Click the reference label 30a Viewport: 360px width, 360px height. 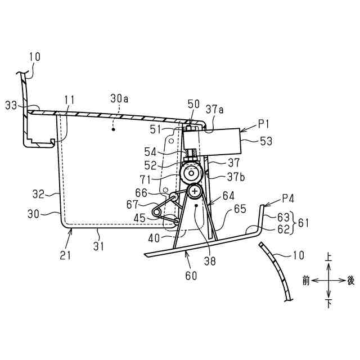119,98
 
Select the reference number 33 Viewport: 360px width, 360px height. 11,105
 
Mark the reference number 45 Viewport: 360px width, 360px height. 139,217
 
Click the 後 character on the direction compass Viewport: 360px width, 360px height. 350,280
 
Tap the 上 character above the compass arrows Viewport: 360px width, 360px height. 328,256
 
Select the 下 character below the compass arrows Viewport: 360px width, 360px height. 328,304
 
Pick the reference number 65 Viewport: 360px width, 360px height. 240,209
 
